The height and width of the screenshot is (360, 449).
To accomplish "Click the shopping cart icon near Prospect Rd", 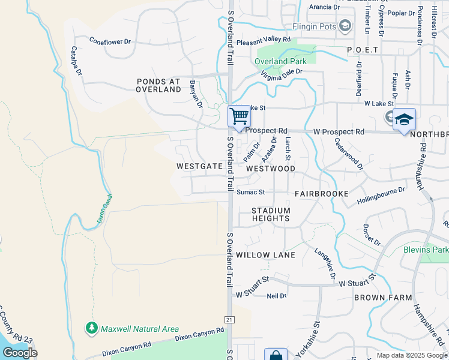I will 239,116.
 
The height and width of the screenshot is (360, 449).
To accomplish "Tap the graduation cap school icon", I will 404,118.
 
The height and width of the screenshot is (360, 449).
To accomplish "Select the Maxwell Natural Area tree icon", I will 91,328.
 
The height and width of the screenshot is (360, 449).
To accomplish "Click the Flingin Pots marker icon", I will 345,26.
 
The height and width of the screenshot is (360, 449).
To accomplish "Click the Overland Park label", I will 280,61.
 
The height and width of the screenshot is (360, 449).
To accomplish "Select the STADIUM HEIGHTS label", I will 271,214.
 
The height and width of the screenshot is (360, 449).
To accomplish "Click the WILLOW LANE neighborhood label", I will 265,255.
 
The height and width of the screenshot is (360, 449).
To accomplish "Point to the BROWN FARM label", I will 382,298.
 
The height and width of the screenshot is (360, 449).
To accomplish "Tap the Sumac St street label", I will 250,193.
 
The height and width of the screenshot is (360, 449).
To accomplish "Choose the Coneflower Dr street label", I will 110,42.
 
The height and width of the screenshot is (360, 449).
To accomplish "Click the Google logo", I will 20,353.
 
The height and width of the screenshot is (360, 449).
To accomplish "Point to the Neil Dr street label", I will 276,296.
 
